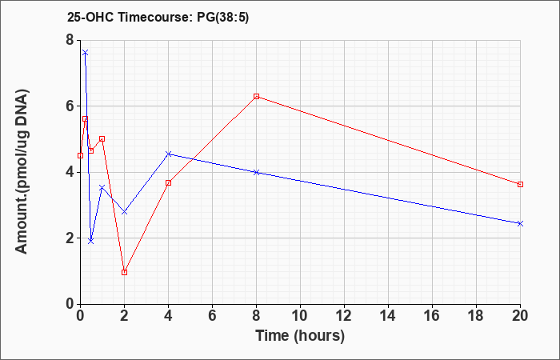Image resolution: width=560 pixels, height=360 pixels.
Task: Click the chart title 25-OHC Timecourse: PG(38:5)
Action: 158,18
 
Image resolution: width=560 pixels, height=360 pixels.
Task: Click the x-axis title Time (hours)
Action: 300,336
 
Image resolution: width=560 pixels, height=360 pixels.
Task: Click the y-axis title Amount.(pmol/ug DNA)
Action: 22,171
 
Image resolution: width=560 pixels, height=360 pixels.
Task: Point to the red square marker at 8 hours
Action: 256,97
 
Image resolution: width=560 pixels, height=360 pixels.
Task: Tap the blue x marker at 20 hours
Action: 520,223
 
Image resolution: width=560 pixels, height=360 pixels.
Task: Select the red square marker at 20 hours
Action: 520,184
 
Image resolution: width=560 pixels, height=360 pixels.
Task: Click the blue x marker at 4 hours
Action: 169,154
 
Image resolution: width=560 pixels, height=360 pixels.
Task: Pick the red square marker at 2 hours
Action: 124,272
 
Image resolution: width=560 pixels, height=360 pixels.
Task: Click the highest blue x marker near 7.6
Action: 85,53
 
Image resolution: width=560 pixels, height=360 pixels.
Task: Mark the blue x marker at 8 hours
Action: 256,172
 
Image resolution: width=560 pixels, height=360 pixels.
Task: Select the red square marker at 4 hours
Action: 169,183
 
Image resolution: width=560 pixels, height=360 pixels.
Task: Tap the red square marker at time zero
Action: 80,156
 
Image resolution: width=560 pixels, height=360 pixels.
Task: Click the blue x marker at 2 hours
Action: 124,212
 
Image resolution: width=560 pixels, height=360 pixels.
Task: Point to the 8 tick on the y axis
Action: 78,40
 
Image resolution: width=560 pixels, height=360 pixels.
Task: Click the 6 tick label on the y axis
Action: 70,106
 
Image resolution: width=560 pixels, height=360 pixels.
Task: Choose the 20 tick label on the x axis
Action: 520,315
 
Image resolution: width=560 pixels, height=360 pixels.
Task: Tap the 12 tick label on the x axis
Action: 344,315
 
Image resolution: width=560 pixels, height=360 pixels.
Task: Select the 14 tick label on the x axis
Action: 388,315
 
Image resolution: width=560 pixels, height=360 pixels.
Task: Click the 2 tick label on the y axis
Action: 70,238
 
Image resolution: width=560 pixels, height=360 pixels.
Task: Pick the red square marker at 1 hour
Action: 102,138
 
